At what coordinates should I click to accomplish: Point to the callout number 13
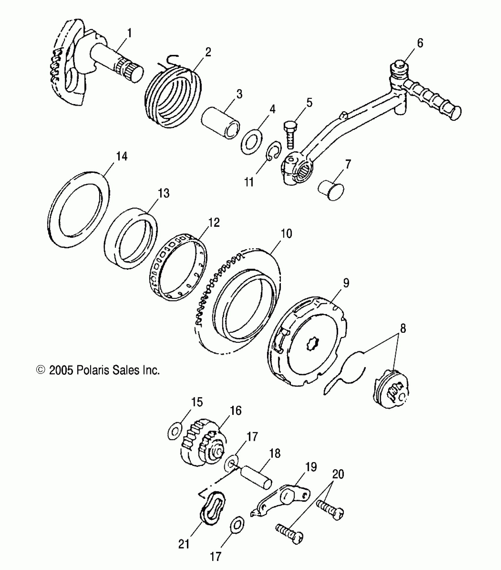(164, 193)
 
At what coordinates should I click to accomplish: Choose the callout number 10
(286, 234)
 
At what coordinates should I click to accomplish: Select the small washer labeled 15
(175, 432)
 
